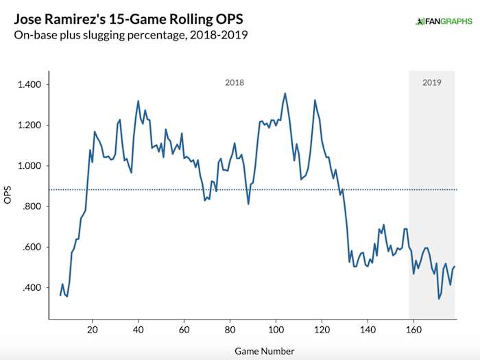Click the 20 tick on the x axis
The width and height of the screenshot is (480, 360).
point(92,329)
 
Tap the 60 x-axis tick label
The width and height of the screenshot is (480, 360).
point(184,329)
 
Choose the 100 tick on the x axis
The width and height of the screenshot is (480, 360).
point(276,329)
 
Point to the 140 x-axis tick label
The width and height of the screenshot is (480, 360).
point(368,329)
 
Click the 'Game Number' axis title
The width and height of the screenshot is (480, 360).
point(264,351)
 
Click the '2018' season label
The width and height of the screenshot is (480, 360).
point(235,82)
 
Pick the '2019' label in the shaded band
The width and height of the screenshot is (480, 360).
point(431,82)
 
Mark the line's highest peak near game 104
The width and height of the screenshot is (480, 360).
point(285,93)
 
